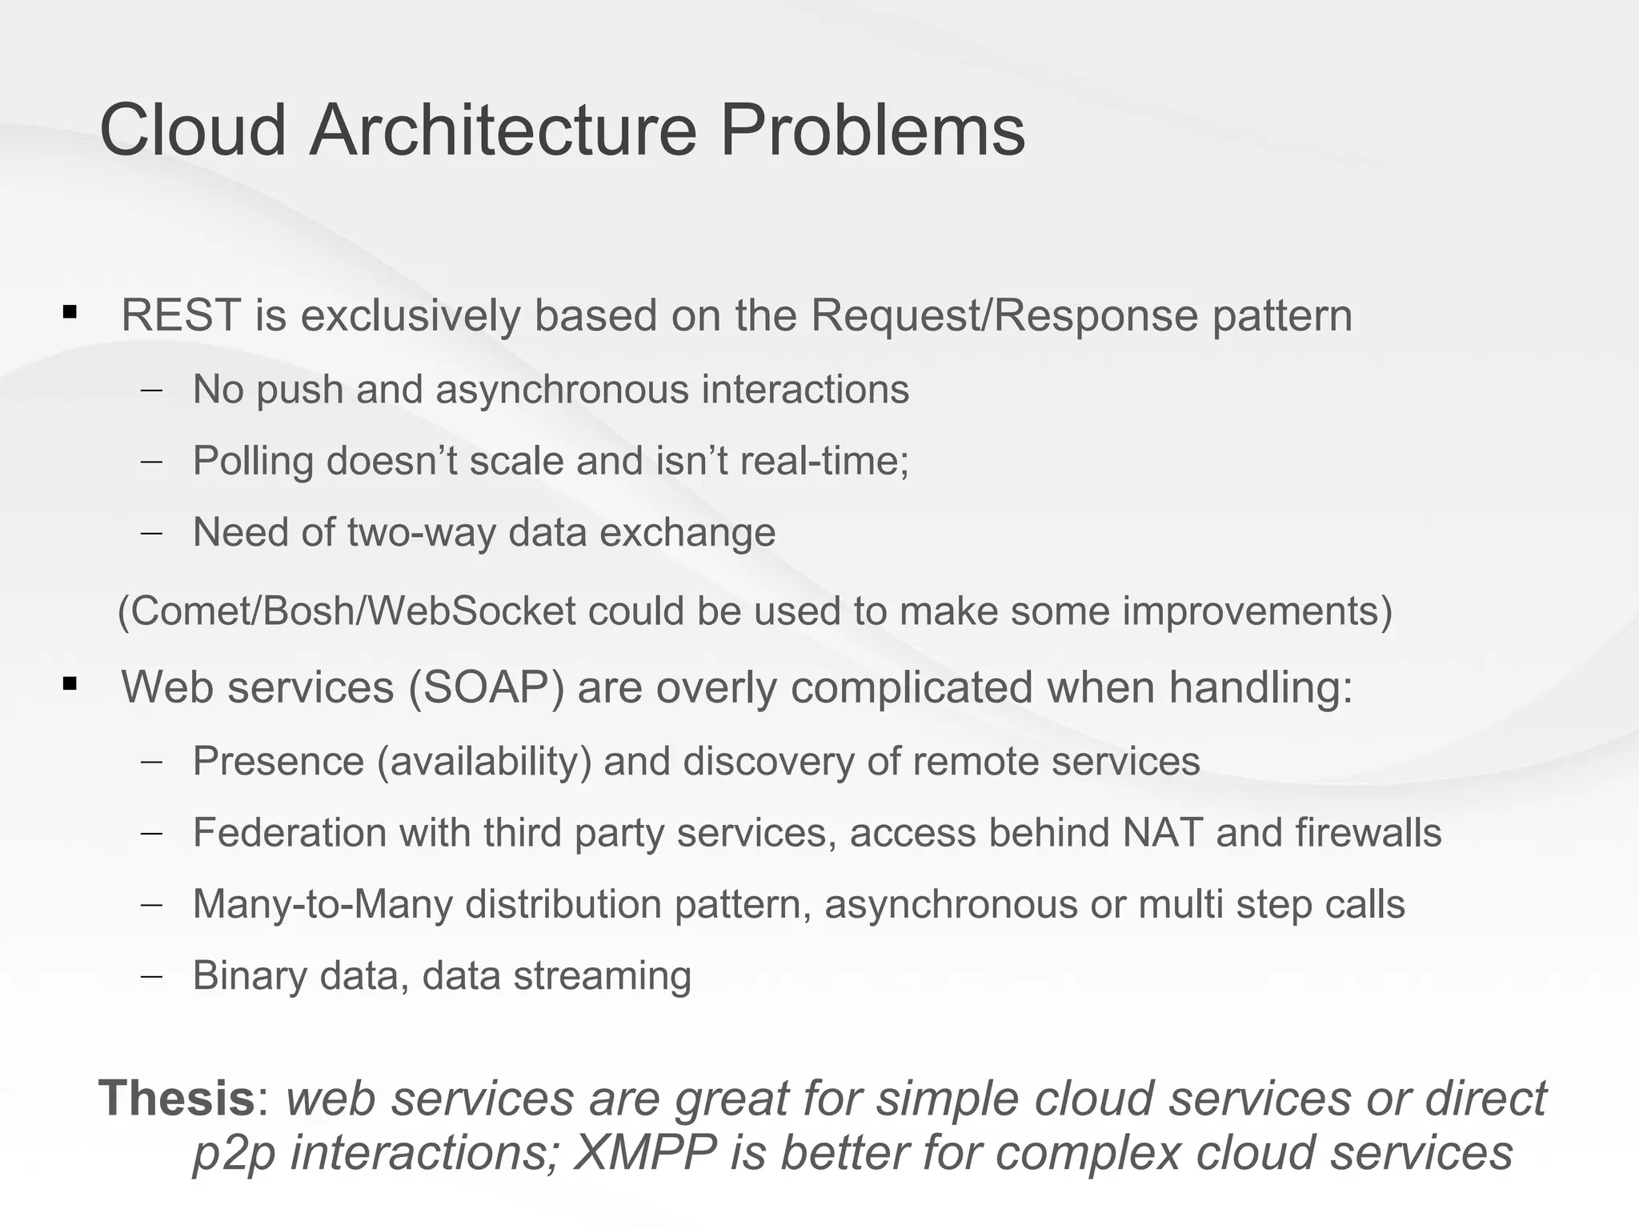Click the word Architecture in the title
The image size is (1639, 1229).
[x=503, y=130]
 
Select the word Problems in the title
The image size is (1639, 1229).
[x=872, y=130]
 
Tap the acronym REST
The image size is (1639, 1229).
[x=181, y=315]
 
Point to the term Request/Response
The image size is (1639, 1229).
[x=1004, y=315]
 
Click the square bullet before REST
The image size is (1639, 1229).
[x=70, y=312]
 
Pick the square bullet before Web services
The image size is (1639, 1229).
[x=70, y=684]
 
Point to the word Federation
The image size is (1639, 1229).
[x=290, y=833]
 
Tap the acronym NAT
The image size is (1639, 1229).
[x=1162, y=833]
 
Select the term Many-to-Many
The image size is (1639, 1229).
[x=323, y=905]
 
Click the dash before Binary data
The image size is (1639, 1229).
[x=150, y=976]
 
